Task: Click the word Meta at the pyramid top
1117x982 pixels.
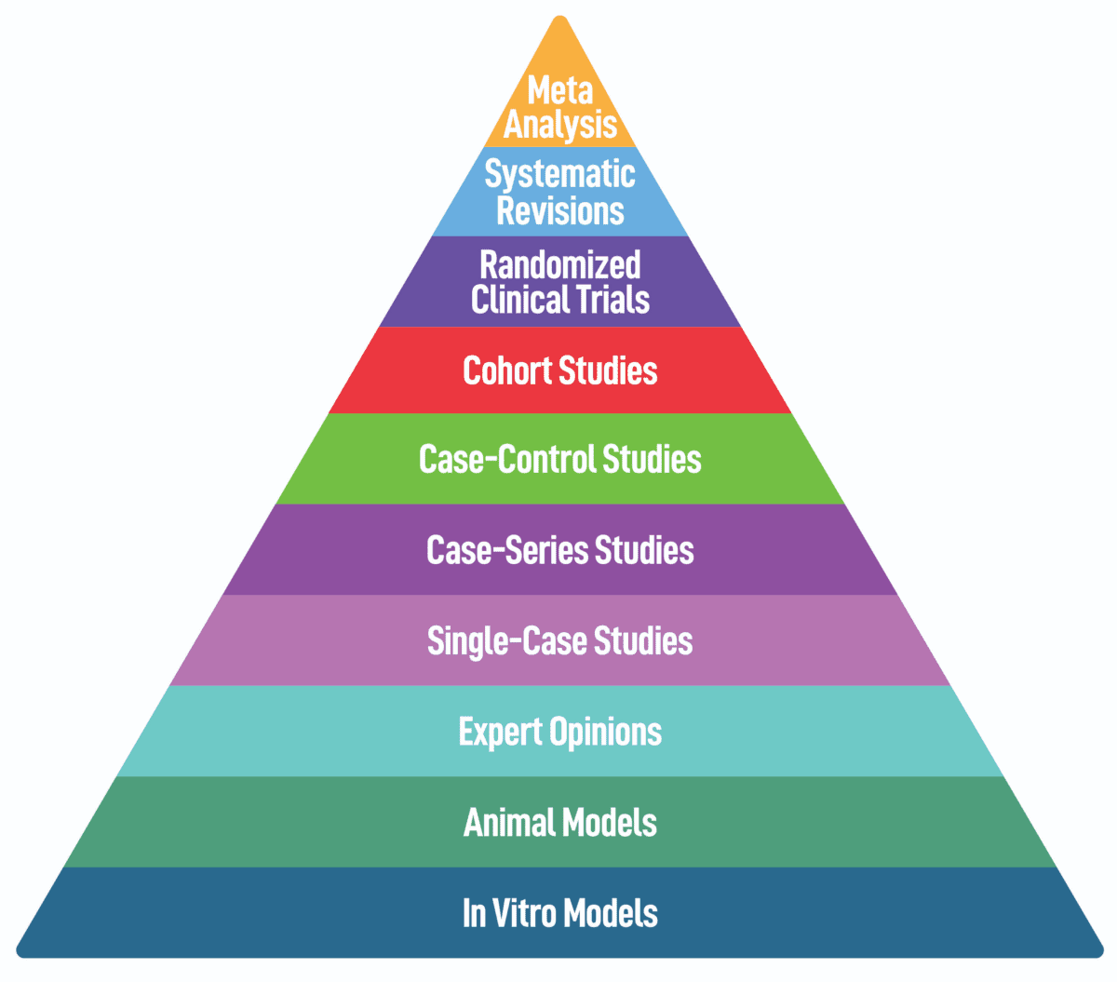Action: pyautogui.click(x=559, y=90)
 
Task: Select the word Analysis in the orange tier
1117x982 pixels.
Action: pyautogui.click(x=559, y=125)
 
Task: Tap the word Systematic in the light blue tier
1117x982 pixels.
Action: pyautogui.click(x=559, y=174)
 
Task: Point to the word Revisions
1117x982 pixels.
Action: pyautogui.click(x=559, y=210)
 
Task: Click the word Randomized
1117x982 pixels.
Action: pyautogui.click(x=559, y=265)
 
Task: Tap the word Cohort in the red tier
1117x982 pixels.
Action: pyautogui.click(x=507, y=370)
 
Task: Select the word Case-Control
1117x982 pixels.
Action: pyautogui.click(x=506, y=459)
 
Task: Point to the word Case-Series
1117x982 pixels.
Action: pyautogui.click(x=506, y=550)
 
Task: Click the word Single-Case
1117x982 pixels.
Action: pyautogui.click(x=506, y=640)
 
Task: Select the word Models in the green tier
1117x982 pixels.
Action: pyautogui.click(x=610, y=823)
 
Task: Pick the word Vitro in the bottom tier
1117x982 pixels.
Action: pyautogui.click(x=523, y=913)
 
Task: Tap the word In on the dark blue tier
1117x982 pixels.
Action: pyautogui.click(x=474, y=913)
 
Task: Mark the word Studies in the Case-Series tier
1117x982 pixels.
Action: pyautogui.click(x=644, y=550)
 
